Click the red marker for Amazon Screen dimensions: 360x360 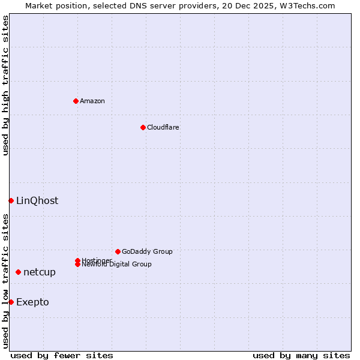(x=76, y=101)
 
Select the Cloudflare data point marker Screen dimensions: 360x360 (x=143, y=127)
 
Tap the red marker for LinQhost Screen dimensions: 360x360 (x=11, y=200)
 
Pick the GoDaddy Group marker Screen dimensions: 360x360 (x=118, y=251)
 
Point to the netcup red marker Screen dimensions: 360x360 (x=18, y=272)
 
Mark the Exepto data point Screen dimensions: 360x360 (x=11, y=302)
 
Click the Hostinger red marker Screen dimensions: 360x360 (x=77, y=260)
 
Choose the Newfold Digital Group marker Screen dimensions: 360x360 (x=77, y=265)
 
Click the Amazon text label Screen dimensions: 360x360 (x=92, y=101)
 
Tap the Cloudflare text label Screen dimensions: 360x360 (x=163, y=127)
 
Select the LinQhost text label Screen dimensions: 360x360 (x=37, y=200)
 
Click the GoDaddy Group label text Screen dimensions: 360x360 (x=147, y=251)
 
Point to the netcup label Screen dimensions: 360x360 (x=40, y=272)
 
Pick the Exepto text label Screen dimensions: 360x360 (x=32, y=302)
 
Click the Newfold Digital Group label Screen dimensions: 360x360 (x=117, y=265)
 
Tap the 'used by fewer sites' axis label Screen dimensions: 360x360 (x=62, y=355)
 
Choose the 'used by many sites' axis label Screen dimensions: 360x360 (x=301, y=355)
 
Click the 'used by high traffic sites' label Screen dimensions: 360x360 (x=5, y=85)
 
